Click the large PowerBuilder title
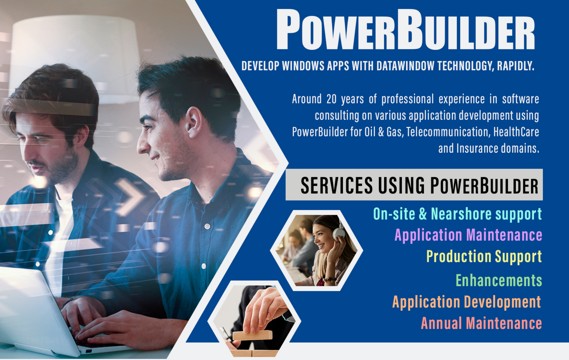point(405,31)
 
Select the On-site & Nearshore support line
point(457,214)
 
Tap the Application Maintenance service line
point(468,235)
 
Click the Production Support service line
point(483,257)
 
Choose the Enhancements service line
point(498,280)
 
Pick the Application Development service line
point(466,301)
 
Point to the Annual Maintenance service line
point(481,323)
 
